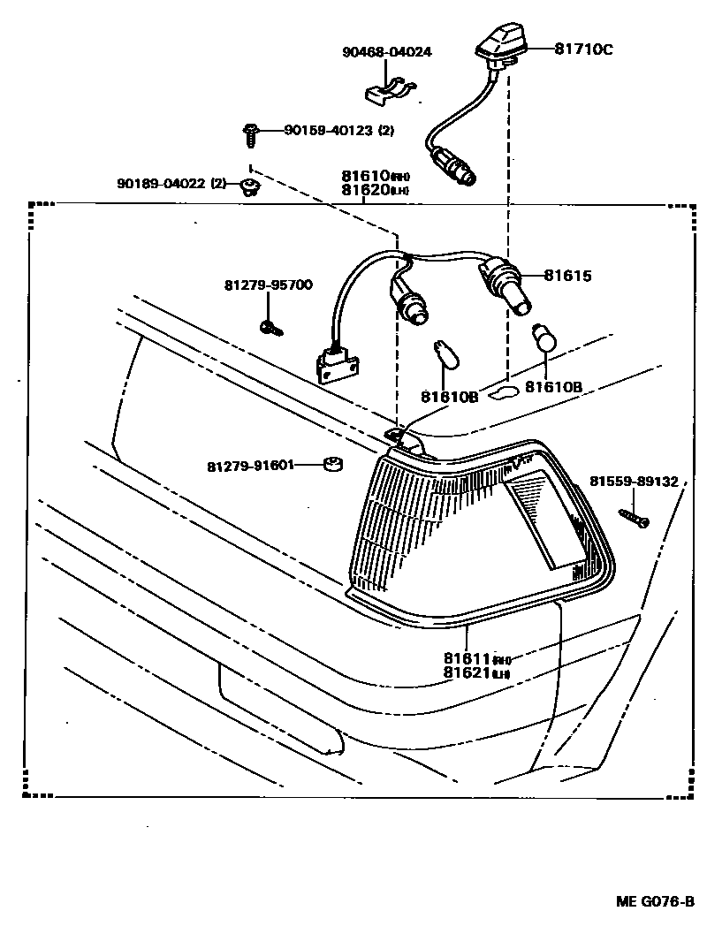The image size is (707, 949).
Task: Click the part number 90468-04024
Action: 387,52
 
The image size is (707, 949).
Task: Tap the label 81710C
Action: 583,49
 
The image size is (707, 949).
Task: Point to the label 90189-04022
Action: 162,184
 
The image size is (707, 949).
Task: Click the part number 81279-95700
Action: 268,285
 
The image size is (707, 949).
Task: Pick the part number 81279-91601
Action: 251,465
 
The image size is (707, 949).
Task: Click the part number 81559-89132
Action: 634,482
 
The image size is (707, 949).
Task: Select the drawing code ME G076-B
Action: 655,902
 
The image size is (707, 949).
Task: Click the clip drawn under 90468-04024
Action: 391,89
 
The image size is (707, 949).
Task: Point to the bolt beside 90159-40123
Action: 250,134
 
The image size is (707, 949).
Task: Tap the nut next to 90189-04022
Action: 252,186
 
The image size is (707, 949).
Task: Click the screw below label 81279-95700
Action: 270,328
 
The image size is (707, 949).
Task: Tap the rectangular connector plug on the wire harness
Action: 335,362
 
